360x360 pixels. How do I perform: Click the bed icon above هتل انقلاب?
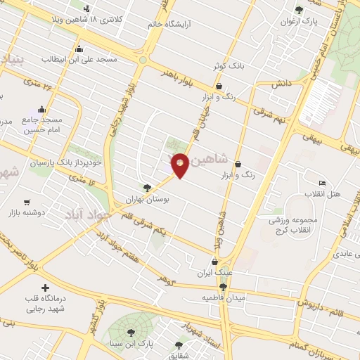[x=322, y=184]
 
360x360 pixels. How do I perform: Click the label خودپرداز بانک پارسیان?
[x=76, y=162]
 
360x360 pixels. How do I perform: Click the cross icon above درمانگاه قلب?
[x=46, y=288]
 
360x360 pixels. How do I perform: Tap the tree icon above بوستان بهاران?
[x=146, y=188]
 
